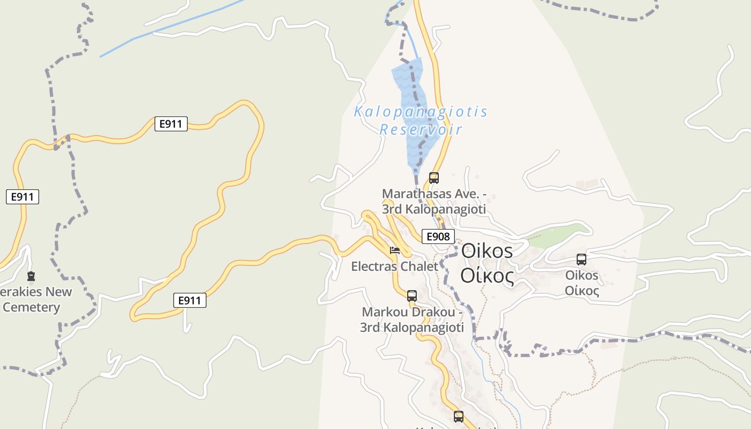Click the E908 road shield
pos(438,236)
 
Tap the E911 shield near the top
pos(171,124)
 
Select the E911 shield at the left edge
pos(23,197)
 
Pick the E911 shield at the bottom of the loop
pos(190,300)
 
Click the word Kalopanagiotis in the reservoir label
pos(421,112)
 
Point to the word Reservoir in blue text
pos(421,130)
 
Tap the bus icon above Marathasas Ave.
pos(434,177)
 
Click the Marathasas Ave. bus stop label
pos(434,201)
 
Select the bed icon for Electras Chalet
pos(395,250)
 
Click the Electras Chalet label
pos(394,267)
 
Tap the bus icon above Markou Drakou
pos(412,295)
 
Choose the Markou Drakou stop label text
pos(412,320)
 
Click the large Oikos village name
pos(487,250)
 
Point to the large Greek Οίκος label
pos(487,276)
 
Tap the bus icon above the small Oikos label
pos(581,260)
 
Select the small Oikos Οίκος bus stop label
pos(582,283)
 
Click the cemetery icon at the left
pos(31,277)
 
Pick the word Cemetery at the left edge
pos(31,307)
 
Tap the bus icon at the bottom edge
pos(459,416)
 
